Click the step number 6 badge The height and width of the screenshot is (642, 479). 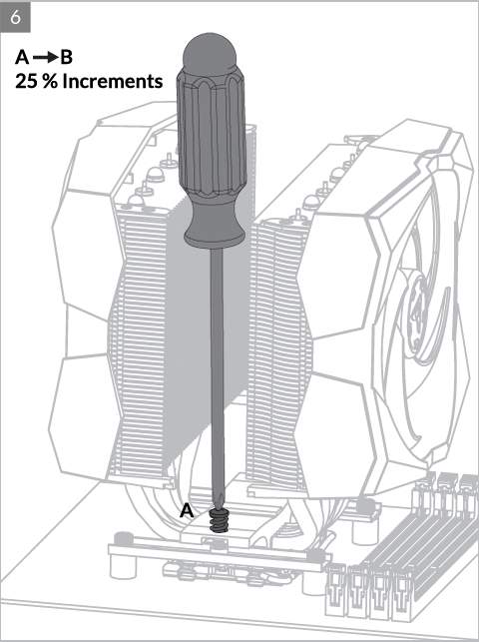point(16,17)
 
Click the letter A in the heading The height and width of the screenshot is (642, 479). point(22,57)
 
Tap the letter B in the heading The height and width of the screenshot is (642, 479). point(66,57)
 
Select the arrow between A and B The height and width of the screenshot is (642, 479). point(45,58)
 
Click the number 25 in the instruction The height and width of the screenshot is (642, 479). point(27,81)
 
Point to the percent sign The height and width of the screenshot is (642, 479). point(50,81)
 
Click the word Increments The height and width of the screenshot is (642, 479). point(113,81)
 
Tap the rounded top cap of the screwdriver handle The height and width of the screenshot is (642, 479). point(210,52)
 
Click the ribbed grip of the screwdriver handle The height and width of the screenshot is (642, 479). point(212,131)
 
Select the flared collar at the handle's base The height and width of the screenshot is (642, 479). point(214,230)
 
